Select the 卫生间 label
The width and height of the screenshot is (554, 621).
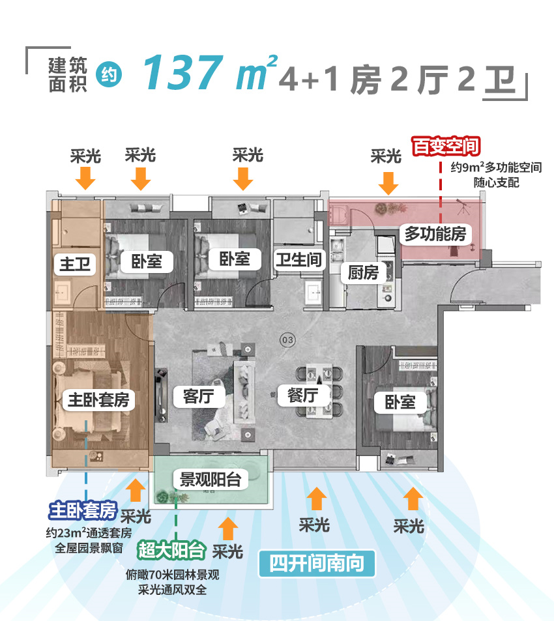click(x=298, y=259)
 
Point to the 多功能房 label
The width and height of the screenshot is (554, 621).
click(x=435, y=233)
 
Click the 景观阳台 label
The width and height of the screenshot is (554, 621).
click(x=211, y=480)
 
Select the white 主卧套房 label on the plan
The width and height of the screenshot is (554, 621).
click(x=98, y=399)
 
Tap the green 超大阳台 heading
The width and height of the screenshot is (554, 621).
click(x=171, y=551)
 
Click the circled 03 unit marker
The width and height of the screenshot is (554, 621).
click(x=286, y=339)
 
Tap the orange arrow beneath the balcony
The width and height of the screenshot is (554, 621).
click(x=228, y=528)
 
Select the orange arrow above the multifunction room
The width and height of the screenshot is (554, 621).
click(x=388, y=183)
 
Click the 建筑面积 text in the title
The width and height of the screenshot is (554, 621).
click(x=67, y=74)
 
